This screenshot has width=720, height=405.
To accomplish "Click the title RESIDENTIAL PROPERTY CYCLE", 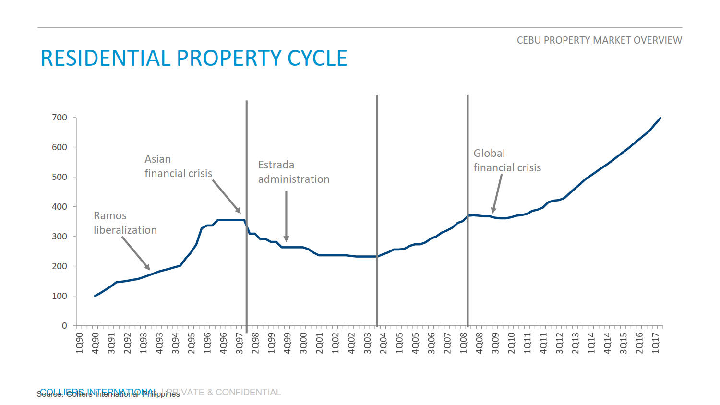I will pyautogui.click(x=194, y=58).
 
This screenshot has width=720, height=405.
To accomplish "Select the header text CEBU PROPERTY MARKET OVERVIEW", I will pyautogui.click(x=599, y=40).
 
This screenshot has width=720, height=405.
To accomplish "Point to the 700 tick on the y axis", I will pyautogui.click(x=60, y=118).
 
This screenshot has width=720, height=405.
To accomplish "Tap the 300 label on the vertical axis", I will pyautogui.click(x=60, y=237).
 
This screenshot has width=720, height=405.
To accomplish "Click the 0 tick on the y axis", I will pyautogui.click(x=64, y=326).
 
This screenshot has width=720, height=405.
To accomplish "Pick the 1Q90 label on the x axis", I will pyautogui.click(x=80, y=343).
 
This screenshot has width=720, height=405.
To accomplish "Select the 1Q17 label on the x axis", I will pyautogui.click(x=655, y=343).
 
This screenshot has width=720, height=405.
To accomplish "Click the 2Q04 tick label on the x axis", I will pyautogui.click(x=384, y=343).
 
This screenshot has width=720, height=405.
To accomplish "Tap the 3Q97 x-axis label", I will pyautogui.click(x=240, y=343).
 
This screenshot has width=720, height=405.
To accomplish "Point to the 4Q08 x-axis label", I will pyautogui.click(x=480, y=343).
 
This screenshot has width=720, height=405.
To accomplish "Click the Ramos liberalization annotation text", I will pyautogui.click(x=125, y=223).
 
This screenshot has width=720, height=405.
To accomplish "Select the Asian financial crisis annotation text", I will pyautogui.click(x=178, y=166).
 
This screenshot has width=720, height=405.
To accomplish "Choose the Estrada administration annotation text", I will pyautogui.click(x=294, y=172).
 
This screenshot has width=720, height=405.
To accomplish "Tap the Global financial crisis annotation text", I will pyautogui.click(x=507, y=160).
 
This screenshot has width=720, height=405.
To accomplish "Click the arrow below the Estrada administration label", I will pyautogui.click(x=286, y=216).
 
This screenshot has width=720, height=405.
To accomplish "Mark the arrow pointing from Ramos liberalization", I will pyautogui.click(x=136, y=253).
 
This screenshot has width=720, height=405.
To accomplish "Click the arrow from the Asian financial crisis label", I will pyautogui.click(x=226, y=196).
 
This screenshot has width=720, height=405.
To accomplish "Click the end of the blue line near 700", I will pyautogui.click(x=660, y=118).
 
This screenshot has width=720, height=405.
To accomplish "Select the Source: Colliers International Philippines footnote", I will pyautogui.click(x=108, y=394).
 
